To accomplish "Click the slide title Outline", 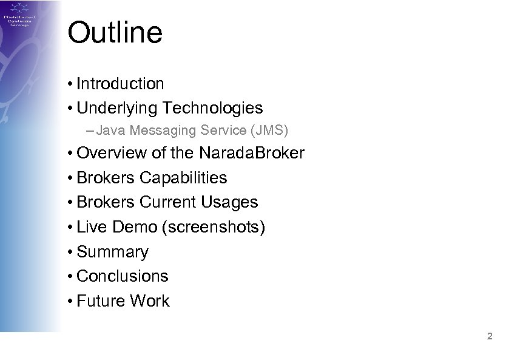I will coord(115,33).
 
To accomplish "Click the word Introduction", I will coord(120,83).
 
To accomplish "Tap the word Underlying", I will coord(115,108).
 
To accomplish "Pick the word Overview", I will coord(112,153).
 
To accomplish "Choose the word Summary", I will coord(112,252).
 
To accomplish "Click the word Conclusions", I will coord(123,276).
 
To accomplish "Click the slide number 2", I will coord(490,336).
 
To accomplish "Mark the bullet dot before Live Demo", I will coord(71,228).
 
